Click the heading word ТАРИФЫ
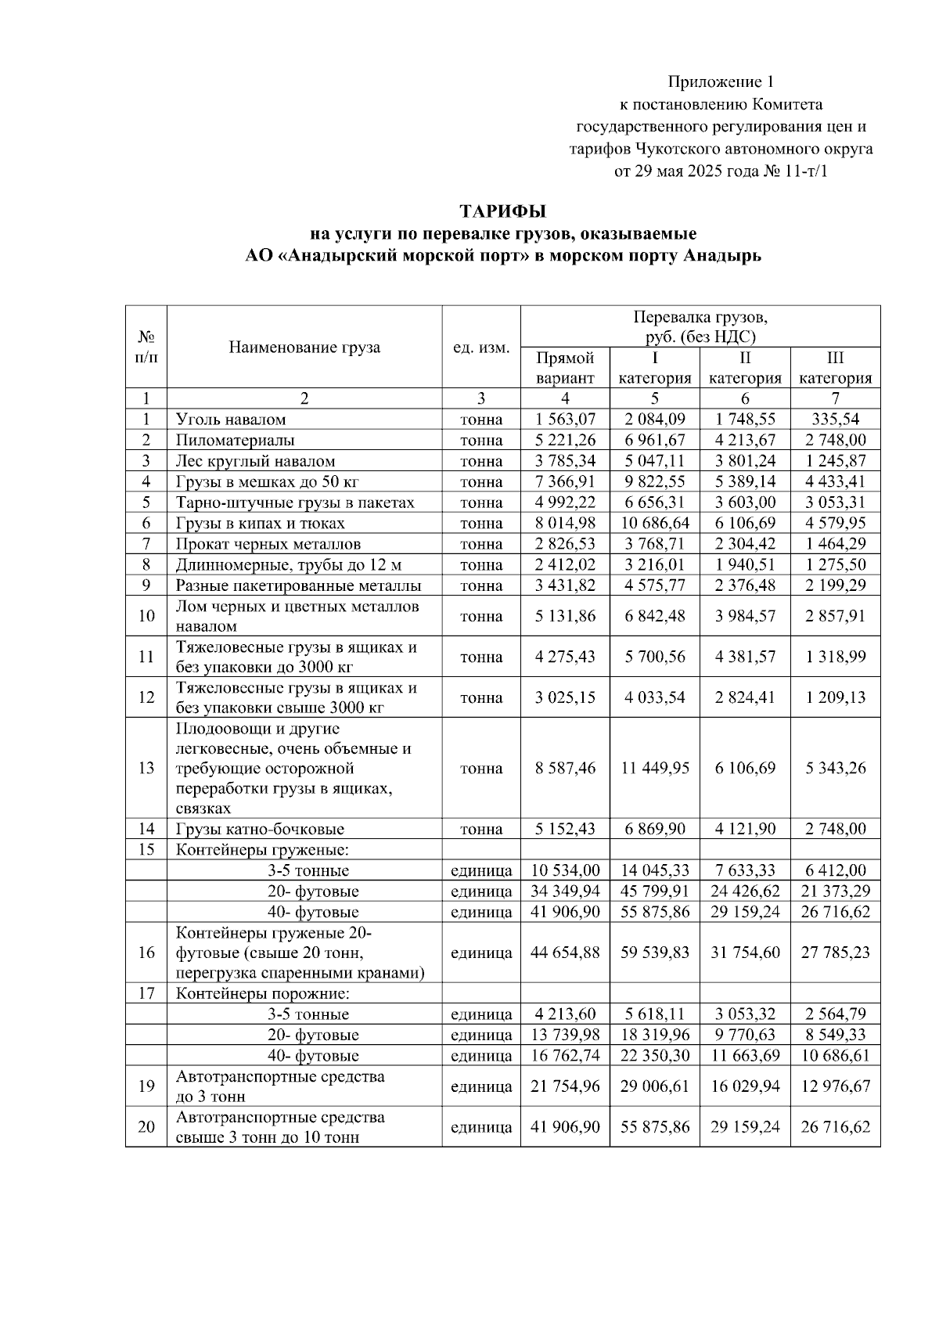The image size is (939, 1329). [502, 211]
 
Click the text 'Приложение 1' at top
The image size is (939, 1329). [721, 81]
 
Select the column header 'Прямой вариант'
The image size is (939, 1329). [565, 368]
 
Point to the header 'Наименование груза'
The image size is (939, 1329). [304, 347]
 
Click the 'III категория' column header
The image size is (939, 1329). [835, 368]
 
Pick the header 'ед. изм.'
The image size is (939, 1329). [481, 347]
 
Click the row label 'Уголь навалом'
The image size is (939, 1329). [231, 420]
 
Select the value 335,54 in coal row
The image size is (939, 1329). [835, 420]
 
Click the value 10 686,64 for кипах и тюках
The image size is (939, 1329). [654, 523]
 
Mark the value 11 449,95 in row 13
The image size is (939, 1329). [654, 768]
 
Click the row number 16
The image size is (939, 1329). [146, 953]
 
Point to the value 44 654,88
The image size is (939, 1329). [565, 953]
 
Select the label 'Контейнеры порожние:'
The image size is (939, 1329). [262, 994]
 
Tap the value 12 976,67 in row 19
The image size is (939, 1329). [835, 1086]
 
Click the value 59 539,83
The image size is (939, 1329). [654, 953]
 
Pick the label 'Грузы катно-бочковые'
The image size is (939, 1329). [260, 829]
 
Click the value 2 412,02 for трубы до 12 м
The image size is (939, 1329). [565, 564]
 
